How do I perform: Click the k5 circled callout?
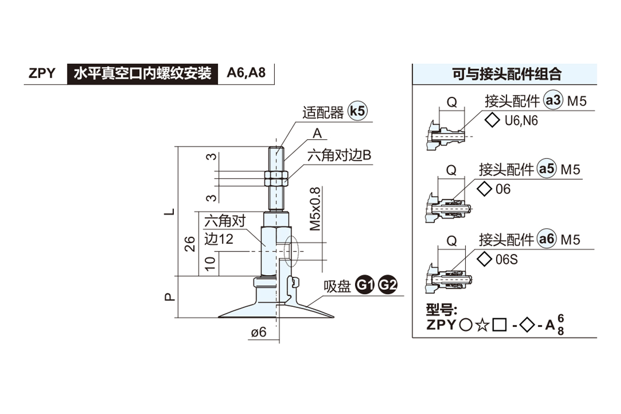[x=358, y=111]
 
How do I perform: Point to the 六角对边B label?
[x=340, y=155]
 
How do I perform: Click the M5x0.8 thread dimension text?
[x=315, y=209]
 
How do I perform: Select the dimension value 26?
[x=189, y=244]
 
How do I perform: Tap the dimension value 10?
[x=210, y=264]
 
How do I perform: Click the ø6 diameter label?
[x=258, y=333]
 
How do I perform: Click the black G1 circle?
[x=366, y=285]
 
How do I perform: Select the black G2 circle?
[x=388, y=285]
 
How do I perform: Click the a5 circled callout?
[x=547, y=169]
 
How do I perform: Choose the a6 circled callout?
[x=547, y=239]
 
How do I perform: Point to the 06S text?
[x=507, y=259]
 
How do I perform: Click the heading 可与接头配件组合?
[x=507, y=74]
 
